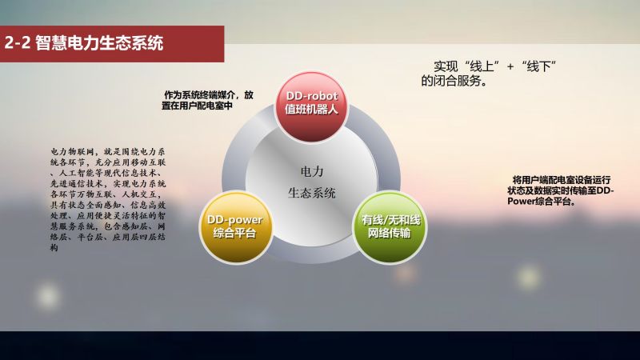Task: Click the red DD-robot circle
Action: pyautogui.click(x=311, y=107)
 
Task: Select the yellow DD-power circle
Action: pyautogui.click(x=235, y=227)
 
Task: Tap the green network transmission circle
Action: pyautogui.click(x=389, y=227)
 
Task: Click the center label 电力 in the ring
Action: pyautogui.click(x=312, y=172)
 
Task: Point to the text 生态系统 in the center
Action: pyautogui.click(x=312, y=193)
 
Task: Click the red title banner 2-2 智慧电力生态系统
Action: pyautogui.click(x=112, y=44)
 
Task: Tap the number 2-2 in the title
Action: pyautogui.click(x=18, y=43)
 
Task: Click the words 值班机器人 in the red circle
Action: pyautogui.click(x=311, y=110)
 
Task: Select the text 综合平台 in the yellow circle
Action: pyautogui.click(x=234, y=233)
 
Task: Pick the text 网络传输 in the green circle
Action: pyautogui.click(x=389, y=233)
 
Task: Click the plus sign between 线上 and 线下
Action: pyautogui.click(x=510, y=66)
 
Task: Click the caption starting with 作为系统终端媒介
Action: pyautogui.click(x=207, y=101)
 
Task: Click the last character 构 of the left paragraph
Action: pyautogui.click(x=54, y=247)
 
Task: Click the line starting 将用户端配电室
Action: pyautogui.click(x=562, y=180)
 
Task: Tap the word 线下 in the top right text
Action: pyautogui.click(x=538, y=66)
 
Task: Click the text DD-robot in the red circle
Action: pyautogui.click(x=312, y=96)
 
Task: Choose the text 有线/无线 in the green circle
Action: pyautogui.click(x=390, y=221)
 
